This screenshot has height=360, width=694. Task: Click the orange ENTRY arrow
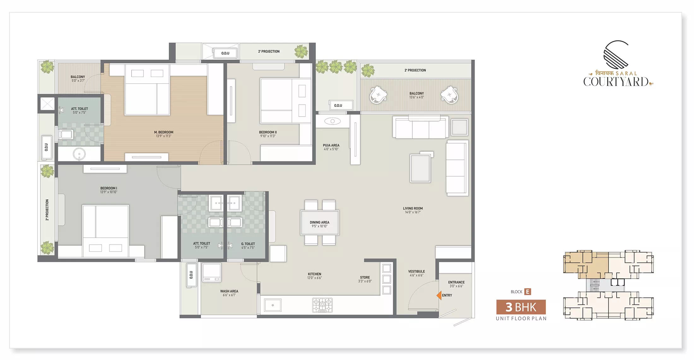pos(439,295)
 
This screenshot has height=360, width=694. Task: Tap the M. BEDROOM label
pos(164,132)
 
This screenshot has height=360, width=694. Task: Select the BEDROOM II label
pos(268,132)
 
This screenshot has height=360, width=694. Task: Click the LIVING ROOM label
pos(413,208)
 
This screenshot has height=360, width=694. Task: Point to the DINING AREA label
pos(320,222)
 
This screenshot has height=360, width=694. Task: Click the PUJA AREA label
pos(331,145)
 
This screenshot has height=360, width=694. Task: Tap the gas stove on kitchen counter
pos(322,305)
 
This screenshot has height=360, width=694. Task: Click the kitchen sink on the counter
pos(273,305)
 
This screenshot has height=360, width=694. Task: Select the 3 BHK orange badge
pos(521,307)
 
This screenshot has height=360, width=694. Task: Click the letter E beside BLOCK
pos(527,292)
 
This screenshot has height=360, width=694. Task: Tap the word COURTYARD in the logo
pos(615,82)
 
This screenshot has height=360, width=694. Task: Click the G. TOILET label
pos(248,244)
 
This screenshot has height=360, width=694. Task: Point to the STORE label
pos(365,277)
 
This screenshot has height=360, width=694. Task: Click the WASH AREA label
pos(229,291)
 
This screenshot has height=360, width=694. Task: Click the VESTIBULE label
pos(416,271)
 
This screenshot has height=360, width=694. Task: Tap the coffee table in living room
pos(420,168)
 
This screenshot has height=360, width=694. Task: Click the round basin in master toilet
pos(79,154)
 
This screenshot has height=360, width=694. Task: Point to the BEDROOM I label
pos(109,188)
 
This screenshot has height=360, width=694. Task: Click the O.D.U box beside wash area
pos(191,275)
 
